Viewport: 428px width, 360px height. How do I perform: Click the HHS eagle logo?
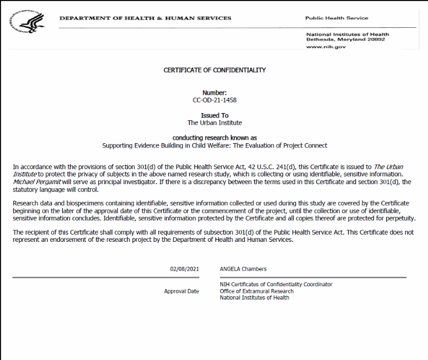click(28, 22)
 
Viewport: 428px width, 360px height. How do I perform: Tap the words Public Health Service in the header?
click(336, 18)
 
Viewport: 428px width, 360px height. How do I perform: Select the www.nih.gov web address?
click(326, 47)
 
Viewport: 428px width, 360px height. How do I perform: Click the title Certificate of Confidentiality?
click(214, 70)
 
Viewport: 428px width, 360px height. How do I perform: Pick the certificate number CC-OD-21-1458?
click(214, 100)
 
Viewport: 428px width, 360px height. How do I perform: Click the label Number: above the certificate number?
click(214, 93)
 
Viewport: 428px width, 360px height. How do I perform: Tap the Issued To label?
click(214, 115)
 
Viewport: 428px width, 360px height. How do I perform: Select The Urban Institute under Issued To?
click(214, 123)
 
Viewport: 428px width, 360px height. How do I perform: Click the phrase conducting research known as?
click(214, 138)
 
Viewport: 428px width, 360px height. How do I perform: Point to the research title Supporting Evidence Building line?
click(214, 145)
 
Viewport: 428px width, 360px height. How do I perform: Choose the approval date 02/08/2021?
click(184, 269)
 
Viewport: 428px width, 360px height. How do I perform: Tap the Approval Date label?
click(181, 291)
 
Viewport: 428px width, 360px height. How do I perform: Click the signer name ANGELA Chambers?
click(244, 269)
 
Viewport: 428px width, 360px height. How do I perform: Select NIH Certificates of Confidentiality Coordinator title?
click(276, 285)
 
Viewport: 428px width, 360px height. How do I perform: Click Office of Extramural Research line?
click(256, 291)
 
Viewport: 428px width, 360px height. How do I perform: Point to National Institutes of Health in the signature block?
click(254, 298)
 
